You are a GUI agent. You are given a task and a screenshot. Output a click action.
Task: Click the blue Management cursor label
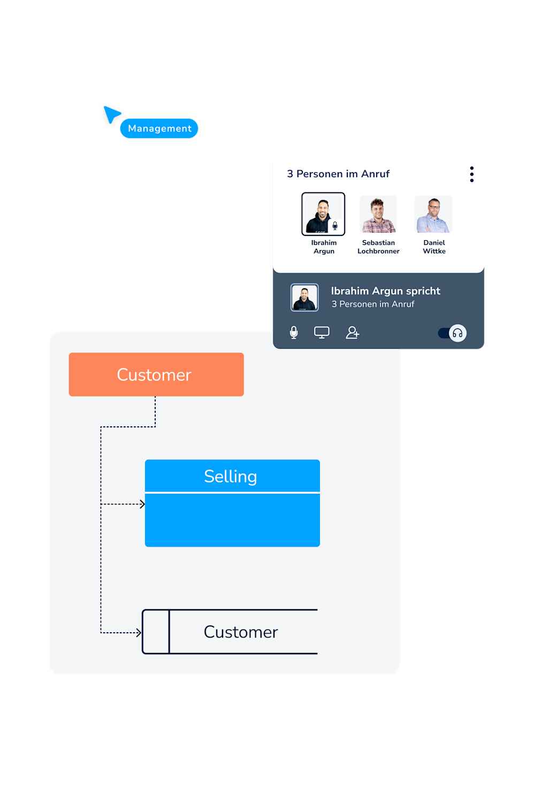pyautogui.click(x=159, y=128)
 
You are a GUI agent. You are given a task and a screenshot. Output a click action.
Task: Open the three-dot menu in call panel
pyautogui.click(x=471, y=174)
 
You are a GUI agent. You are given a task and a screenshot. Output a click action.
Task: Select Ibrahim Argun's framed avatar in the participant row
pyautogui.click(x=323, y=214)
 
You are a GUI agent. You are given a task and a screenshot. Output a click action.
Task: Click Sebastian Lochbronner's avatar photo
pyautogui.click(x=378, y=214)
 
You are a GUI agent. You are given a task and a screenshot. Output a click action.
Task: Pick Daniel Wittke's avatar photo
pyautogui.click(x=433, y=214)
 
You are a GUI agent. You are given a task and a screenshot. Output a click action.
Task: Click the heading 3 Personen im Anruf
pyautogui.click(x=338, y=174)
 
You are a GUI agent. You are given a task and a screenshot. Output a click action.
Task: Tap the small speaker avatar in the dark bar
pyautogui.click(x=304, y=297)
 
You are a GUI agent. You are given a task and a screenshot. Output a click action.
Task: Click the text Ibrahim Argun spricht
pyautogui.click(x=385, y=291)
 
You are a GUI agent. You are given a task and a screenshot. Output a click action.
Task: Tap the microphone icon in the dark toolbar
pyautogui.click(x=294, y=333)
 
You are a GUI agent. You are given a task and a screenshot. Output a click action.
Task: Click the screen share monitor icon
pyautogui.click(x=322, y=333)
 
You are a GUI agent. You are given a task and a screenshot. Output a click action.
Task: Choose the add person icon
pyautogui.click(x=352, y=333)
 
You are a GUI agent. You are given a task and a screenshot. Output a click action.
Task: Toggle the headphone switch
pyautogui.click(x=453, y=333)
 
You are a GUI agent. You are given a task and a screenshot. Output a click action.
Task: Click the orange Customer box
pyautogui.click(x=156, y=374)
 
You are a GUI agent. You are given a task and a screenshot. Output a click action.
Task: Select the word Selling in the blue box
pyautogui.click(x=231, y=476)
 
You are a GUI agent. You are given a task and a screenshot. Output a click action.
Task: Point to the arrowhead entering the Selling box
pyautogui.click(x=142, y=504)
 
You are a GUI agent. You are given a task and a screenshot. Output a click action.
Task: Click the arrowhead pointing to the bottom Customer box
pyautogui.click(x=139, y=633)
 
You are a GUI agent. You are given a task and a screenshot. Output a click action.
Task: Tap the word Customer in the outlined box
pyautogui.click(x=241, y=632)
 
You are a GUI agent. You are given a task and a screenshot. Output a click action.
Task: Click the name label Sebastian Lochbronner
pyautogui.click(x=378, y=247)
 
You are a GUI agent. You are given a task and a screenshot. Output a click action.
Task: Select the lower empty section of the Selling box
pyautogui.click(x=232, y=520)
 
